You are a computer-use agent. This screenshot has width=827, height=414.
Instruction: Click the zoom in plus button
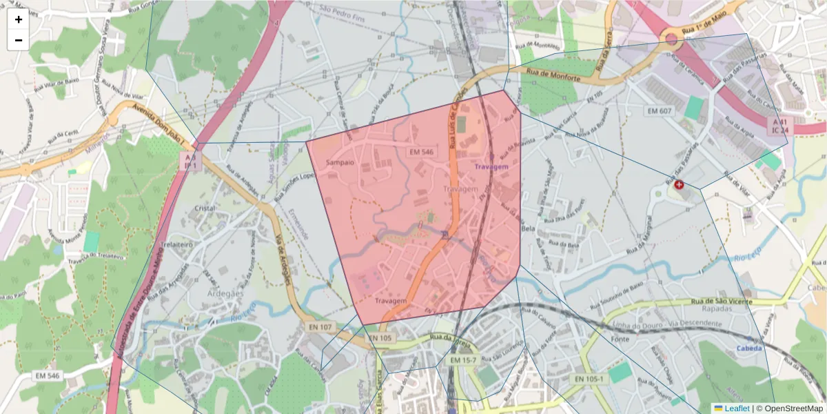pos(19,19)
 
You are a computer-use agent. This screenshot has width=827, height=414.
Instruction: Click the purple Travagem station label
pos(490,166)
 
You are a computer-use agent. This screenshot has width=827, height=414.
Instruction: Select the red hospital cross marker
pos(679,185)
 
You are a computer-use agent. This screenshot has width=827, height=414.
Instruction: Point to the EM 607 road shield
pos(660,111)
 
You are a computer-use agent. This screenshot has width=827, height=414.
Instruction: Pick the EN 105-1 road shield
pos(589,379)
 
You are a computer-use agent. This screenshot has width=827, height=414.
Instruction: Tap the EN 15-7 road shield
pos(464,360)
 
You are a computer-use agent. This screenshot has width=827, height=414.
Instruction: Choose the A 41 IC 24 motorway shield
pos(777,125)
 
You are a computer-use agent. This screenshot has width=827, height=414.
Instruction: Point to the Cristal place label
pos(205,208)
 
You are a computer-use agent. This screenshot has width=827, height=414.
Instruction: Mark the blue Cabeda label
pos(749,348)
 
